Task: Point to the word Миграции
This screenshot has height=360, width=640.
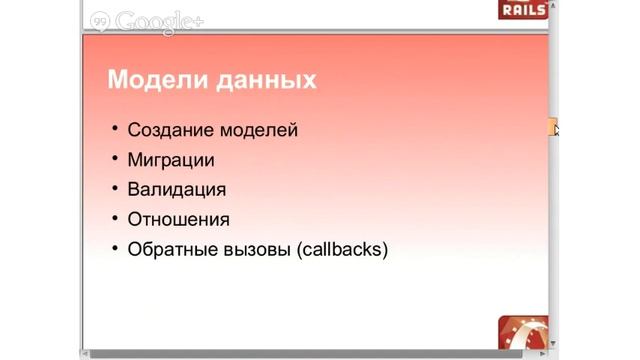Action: point(171,160)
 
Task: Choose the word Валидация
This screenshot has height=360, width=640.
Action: point(177,189)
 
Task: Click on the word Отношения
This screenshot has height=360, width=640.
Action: point(179,219)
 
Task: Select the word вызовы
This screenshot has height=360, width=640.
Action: point(256,249)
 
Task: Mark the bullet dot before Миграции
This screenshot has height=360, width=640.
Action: point(115,160)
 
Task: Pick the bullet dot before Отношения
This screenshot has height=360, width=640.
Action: point(115,219)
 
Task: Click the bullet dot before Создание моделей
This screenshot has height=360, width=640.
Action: point(115,130)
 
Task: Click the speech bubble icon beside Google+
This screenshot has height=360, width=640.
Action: point(101,21)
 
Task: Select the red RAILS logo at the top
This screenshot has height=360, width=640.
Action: point(522,11)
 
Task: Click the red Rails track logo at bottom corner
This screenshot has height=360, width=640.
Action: point(522,332)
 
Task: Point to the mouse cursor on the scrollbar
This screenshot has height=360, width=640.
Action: point(555,127)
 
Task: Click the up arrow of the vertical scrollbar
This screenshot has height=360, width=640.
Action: point(554,39)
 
